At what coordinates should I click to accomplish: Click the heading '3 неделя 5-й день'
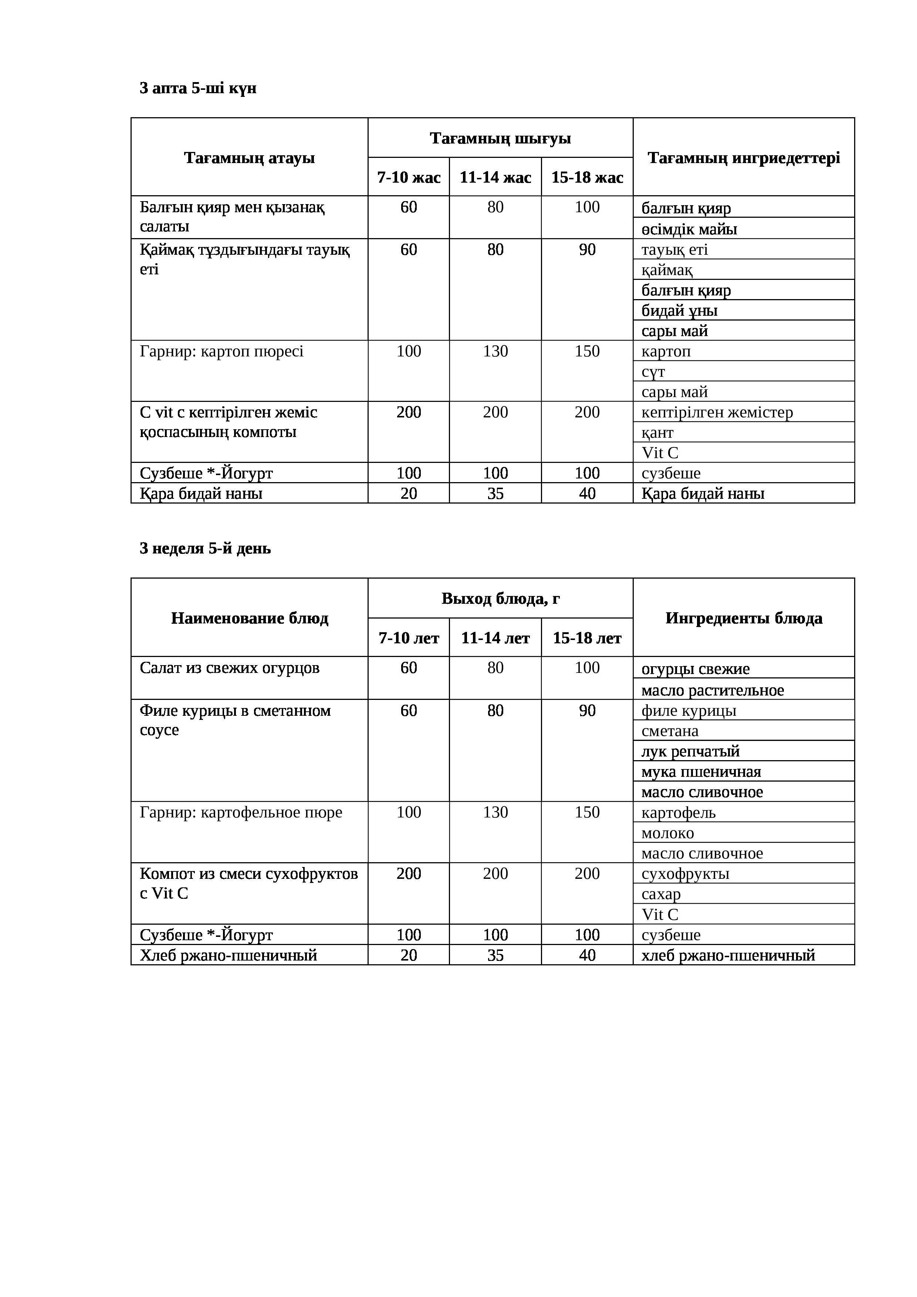click(205, 549)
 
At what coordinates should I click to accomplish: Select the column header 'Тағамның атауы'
click(249, 158)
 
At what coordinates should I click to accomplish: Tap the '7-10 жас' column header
click(409, 177)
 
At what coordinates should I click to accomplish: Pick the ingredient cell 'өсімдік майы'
click(689, 229)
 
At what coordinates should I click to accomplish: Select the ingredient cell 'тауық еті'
click(674, 250)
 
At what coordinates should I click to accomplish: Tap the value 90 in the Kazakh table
click(587, 250)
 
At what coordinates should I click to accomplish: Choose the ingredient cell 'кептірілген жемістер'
click(717, 412)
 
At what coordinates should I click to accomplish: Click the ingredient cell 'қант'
click(657, 433)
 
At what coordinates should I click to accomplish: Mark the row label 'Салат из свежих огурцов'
click(229, 668)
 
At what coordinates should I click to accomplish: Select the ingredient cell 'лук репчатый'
click(690, 751)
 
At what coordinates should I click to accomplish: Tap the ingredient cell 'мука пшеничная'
click(701, 772)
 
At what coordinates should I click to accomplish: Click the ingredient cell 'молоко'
click(667, 833)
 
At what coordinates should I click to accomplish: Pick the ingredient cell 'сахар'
click(661, 894)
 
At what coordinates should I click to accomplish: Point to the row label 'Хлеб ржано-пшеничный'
click(228, 955)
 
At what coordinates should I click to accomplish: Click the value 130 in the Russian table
click(495, 812)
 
